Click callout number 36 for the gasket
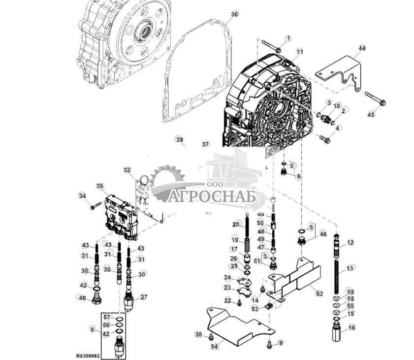(234, 14)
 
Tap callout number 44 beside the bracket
(362, 48)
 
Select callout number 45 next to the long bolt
(371, 114)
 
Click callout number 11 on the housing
(300, 51)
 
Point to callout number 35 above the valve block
(100, 186)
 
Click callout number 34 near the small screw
(82, 196)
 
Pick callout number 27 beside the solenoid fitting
(144, 297)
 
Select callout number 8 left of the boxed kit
(92, 328)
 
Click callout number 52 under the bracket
(319, 294)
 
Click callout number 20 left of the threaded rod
(235, 225)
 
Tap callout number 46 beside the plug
(323, 234)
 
